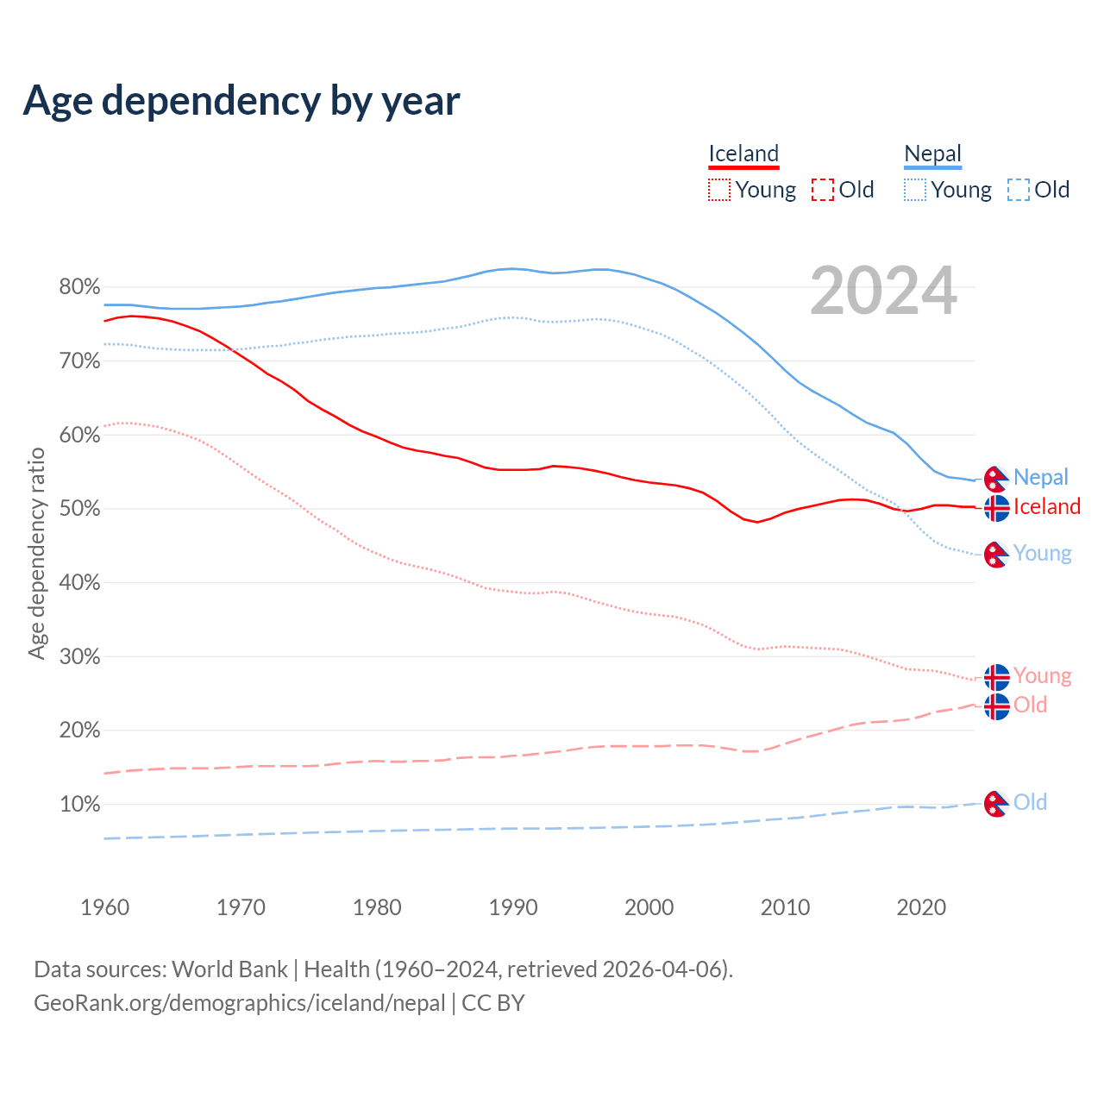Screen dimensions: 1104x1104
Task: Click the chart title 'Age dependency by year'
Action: [241, 101]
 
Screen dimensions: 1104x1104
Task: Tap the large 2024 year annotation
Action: [883, 291]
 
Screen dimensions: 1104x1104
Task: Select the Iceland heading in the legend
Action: [743, 154]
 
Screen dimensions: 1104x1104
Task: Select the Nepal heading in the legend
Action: [932, 154]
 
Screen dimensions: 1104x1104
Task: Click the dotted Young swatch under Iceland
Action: [718, 190]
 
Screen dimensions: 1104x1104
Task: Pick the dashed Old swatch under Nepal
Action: [1018, 190]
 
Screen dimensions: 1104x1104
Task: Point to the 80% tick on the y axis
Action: [79, 287]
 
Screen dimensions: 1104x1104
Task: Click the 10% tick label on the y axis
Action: [79, 805]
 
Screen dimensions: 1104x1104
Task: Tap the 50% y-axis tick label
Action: [79, 509]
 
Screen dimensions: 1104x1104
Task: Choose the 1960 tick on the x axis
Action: [104, 907]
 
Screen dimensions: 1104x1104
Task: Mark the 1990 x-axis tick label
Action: [513, 907]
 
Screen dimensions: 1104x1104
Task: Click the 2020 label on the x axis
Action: [921, 907]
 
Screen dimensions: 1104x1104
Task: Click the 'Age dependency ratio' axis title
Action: [36, 553]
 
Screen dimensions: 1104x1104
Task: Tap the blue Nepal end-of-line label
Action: [1040, 477]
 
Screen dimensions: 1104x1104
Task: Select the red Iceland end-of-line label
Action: [1046, 506]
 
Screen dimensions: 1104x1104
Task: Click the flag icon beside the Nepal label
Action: [996, 478]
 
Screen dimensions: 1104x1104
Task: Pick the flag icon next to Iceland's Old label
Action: [996, 706]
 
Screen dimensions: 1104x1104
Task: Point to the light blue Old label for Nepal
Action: [1030, 802]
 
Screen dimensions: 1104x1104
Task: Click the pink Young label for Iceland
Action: [1042, 675]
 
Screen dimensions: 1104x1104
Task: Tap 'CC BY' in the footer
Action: [493, 1003]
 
